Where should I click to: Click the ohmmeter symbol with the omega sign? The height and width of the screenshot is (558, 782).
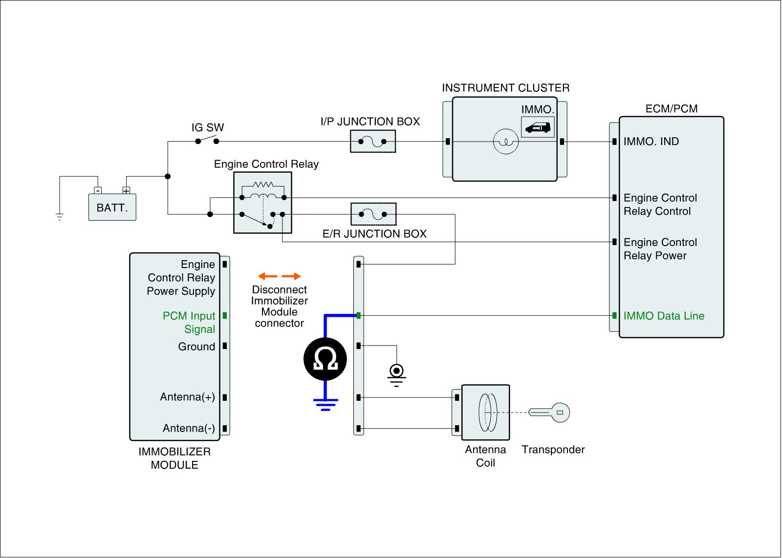point(325,359)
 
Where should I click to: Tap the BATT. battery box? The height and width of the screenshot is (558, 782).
point(112,207)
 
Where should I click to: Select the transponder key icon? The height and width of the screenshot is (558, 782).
point(549,413)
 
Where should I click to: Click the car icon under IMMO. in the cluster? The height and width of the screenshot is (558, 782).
point(538,127)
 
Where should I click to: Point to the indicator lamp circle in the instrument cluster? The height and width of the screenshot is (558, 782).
point(505,142)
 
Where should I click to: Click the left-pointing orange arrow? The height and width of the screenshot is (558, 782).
point(267,276)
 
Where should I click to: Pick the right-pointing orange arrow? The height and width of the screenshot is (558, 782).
point(291,276)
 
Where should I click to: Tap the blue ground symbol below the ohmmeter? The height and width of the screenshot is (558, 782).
point(326,405)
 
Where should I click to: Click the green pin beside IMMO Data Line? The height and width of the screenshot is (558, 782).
point(614,316)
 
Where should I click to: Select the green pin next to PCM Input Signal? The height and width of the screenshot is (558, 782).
point(225,316)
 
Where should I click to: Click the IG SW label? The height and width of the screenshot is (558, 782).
point(208,127)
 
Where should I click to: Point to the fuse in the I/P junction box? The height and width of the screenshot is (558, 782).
point(372,142)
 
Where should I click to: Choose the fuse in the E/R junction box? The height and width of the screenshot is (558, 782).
point(373,214)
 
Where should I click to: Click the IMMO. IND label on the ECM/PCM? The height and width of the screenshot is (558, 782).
point(651,141)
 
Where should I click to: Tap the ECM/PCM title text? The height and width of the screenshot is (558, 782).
point(672,109)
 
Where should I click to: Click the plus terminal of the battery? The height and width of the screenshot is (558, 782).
point(126,190)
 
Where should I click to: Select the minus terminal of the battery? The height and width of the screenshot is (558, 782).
point(98,190)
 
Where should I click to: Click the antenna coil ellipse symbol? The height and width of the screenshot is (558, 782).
point(488,413)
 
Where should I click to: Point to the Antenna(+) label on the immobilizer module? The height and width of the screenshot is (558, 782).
point(188,397)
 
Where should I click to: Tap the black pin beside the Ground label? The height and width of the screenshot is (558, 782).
point(225,346)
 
